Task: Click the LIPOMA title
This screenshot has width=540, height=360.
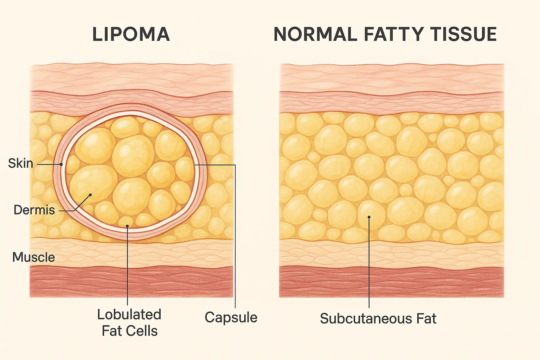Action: [x=131, y=34]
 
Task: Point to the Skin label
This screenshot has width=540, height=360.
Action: [x=20, y=163]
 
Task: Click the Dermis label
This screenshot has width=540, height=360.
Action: [x=34, y=210]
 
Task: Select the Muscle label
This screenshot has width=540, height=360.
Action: [x=33, y=257]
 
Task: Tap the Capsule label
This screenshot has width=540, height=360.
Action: [x=231, y=317]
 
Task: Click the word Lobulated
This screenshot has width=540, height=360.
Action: [x=129, y=315]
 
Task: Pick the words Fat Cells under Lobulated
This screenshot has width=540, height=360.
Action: [x=129, y=331]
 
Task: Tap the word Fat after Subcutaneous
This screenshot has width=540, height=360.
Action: [x=426, y=319]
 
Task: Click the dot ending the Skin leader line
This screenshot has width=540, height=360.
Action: [x=61, y=164]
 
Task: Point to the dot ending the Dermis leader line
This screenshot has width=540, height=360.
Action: [x=91, y=194]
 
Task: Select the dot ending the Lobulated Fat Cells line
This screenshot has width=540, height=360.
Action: [x=127, y=226]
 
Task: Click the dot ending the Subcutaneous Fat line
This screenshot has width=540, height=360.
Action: [x=369, y=217]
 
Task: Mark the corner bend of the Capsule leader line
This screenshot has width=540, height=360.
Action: [x=235, y=165]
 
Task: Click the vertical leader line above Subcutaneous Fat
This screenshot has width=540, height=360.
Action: [x=369, y=264]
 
